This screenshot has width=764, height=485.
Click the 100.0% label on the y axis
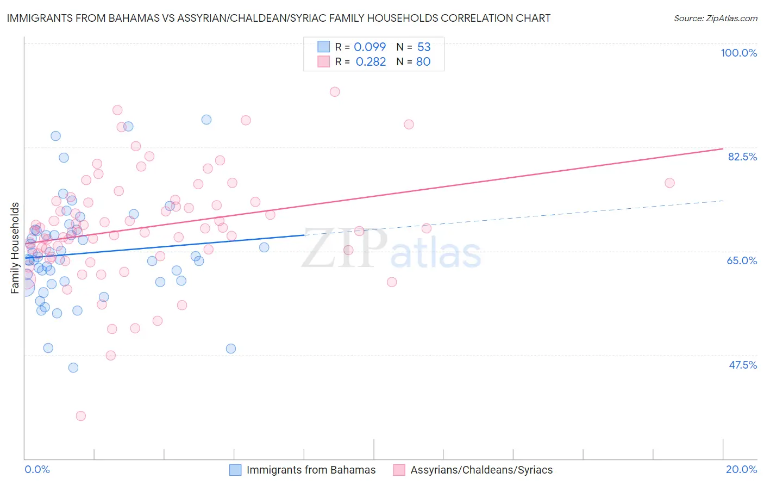point(738,53)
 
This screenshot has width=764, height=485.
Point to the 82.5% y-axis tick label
point(742,157)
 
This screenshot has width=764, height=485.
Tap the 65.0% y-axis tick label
point(742,260)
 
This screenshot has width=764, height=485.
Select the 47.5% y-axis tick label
point(742,365)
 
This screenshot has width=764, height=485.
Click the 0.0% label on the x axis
point(37,469)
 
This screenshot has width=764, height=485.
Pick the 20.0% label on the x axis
point(741,469)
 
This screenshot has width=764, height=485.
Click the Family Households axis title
point(15,248)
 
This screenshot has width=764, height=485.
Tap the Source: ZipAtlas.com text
point(715,18)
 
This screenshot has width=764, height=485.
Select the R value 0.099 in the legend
point(370,47)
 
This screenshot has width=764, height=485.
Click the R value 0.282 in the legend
point(371,62)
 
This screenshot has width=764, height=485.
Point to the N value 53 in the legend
point(424,47)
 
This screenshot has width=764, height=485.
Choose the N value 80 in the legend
point(423,62)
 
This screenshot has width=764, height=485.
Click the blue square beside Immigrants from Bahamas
point(235,470)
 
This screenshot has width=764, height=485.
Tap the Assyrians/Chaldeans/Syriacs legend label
point(481,470)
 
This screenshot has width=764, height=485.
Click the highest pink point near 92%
point(335,92)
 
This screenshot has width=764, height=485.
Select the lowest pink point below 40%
point(81,416)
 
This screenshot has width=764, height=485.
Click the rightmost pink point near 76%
point(669,183)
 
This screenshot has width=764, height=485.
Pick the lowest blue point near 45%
point(73,368)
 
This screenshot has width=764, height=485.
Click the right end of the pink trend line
point(723,148)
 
